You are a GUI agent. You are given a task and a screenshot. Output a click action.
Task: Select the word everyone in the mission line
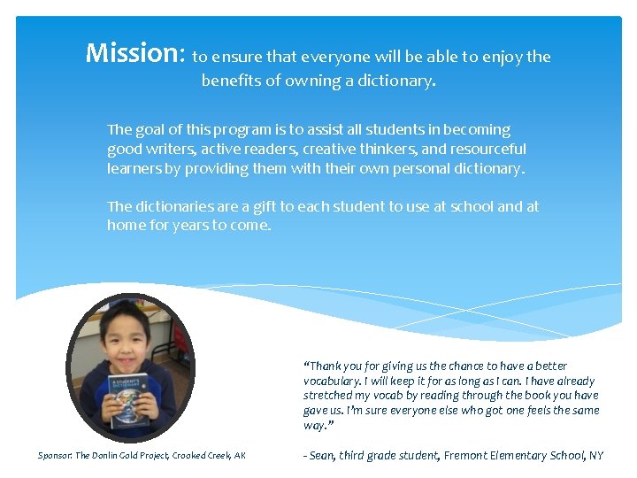pyautogui.click(x=337, y=58)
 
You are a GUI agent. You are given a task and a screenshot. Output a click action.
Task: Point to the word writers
pyautogui.click(x=169, y=149)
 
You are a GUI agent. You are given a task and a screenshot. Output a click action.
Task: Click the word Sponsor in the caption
pyautogui.click(x=55, y=456)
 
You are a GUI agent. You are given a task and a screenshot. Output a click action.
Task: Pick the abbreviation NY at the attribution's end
pyautogui.click(x=595, y=456)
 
